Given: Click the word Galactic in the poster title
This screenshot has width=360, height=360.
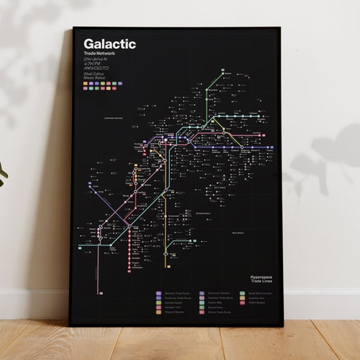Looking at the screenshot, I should (x=109, y=45).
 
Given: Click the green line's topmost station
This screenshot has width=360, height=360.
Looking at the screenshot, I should (x=227, y=73).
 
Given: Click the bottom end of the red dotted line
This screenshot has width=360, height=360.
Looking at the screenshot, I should (x=130, y=270).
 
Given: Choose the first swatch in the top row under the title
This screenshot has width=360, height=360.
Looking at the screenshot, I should (x=86, y=82).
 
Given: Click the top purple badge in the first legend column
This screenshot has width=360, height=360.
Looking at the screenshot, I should (x=158, y=294).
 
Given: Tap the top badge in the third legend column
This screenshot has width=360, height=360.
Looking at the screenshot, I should (x=235, y=294).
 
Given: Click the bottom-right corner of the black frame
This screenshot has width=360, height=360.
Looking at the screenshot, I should (x=283, y=325).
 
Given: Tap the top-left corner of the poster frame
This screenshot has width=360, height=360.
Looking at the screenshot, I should (x=73, y=28).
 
